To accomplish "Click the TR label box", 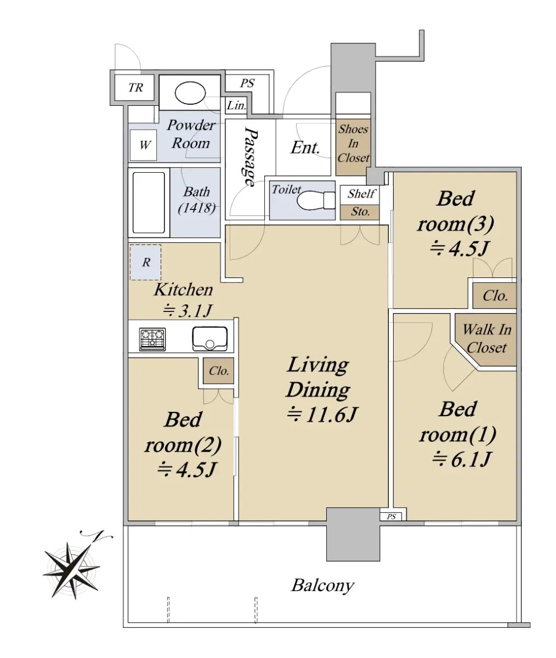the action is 134,87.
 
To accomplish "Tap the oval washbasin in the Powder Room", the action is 190,93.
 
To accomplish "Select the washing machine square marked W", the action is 144,145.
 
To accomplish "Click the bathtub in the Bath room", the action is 149,202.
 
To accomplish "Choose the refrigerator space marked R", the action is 146,262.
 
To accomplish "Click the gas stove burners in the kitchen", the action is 152,339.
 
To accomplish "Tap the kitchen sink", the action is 210,339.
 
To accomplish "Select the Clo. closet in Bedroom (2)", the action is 218,371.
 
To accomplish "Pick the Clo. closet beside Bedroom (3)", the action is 495,296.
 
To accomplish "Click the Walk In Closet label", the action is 487,339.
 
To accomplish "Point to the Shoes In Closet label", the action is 353,143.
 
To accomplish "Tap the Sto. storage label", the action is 360,212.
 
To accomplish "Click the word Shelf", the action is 361,194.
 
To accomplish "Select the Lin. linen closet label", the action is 236,105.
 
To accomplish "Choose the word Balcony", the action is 322,586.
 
